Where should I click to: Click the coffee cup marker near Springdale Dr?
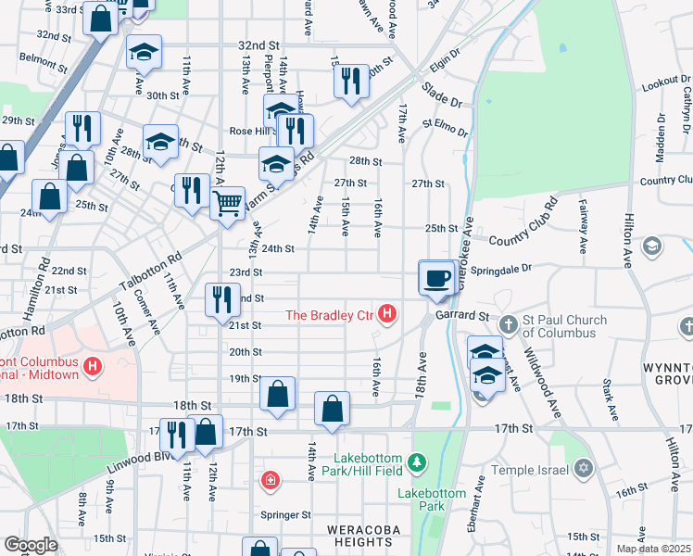(x=436, y=276)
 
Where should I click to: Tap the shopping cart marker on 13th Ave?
(x=227, y=201)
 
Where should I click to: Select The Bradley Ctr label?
(x=328, y=316)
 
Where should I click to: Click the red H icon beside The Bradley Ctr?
(x=387, y=316)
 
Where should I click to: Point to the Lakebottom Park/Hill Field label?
(x=357, y=466)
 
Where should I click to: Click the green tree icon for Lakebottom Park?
(x=418, y=461)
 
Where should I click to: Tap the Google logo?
(x=31, y=545)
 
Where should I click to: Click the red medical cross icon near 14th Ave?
(x=270, y=480)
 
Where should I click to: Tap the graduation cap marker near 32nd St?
(x=145, y=52)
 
